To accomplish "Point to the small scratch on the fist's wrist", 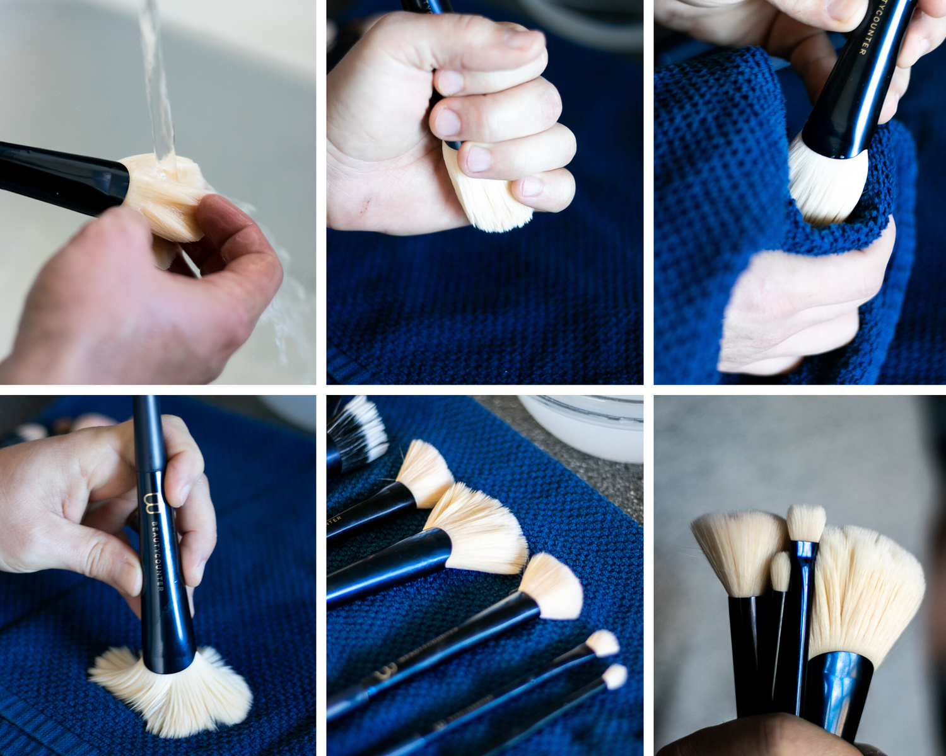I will point(364,203).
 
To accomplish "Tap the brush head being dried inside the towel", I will point(823,180).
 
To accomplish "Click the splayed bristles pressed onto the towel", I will point(170,693).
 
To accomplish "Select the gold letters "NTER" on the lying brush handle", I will point(334,520).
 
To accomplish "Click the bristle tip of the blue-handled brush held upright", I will point(806,522).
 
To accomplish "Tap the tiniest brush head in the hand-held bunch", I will point(781,570).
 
